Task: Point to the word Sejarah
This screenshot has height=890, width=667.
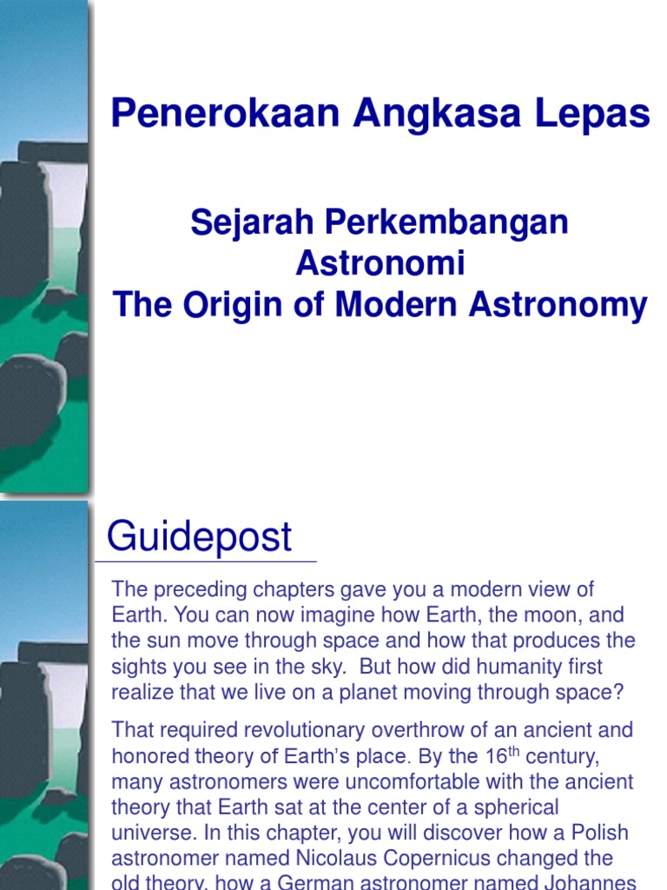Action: coord(253,222)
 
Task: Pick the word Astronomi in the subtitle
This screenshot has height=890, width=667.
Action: coord(380,263)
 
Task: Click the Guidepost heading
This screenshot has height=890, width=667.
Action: coord(199,537)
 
